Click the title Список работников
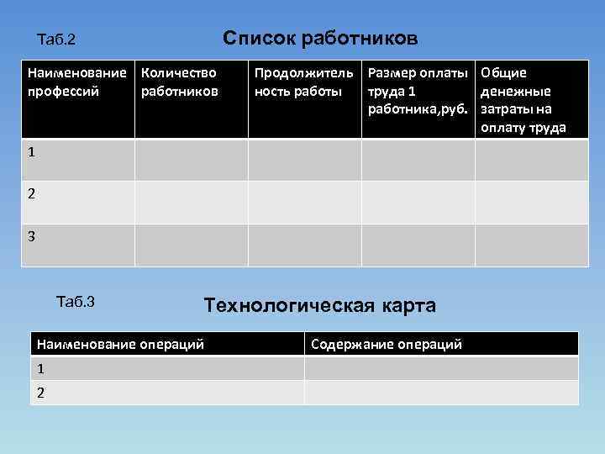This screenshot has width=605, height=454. pos(319,39)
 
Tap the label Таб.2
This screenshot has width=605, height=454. pos(57,40)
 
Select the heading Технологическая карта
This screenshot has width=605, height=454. pos(320,305)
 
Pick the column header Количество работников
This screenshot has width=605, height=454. pos(180,82)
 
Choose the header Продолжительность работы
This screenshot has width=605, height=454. pos(303,82)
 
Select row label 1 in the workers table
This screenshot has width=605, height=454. pos(31,153)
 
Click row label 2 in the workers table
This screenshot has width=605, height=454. pos(31,194)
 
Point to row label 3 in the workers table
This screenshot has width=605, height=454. pos(31,237)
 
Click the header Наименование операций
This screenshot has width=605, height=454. pos(120,344)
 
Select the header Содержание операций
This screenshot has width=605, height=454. pos(387,344)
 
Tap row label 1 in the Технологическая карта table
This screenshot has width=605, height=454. pos(39,368)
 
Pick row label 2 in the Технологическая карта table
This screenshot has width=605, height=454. pos(39,392)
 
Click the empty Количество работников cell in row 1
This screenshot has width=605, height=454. pos(192,160)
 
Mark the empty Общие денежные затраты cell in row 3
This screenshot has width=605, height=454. pos(533,245)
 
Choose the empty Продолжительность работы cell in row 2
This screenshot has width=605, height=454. pos(305,202)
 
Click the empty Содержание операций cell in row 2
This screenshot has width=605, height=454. pos(441,393)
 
